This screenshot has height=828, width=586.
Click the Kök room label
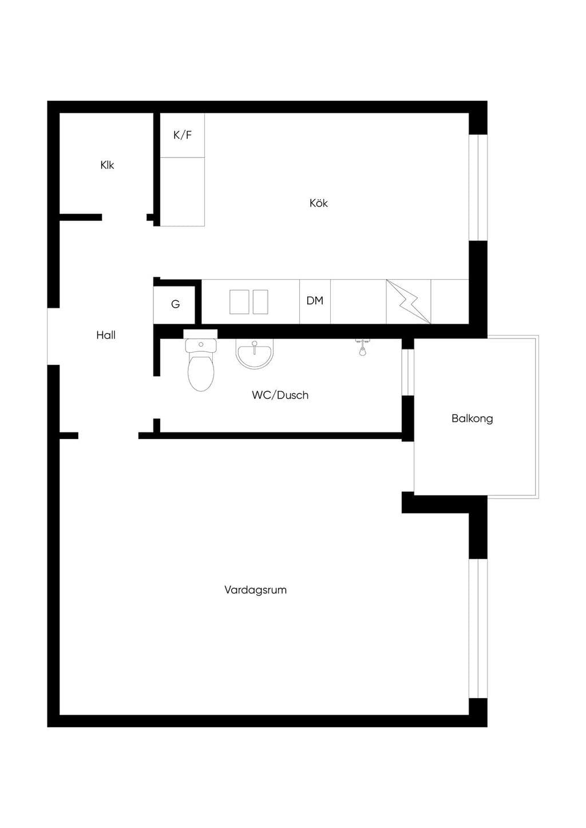click(x=319, y=203)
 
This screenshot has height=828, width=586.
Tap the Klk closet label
click(x=107, y=165)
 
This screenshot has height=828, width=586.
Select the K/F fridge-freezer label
click(x=183, y=135)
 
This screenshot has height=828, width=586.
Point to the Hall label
click(x=106, y=335)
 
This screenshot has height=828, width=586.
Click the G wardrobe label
click(x=175, y=304)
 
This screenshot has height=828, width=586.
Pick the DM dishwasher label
click(x=315, y=301)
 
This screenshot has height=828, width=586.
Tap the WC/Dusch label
click(x=280, y=395)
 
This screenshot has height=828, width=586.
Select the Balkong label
click(x=472, y=419)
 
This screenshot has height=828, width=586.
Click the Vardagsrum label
click(x=255, y=590)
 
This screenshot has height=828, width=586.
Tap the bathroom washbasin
click(x=255, y=354)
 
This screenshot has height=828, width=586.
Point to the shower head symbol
click(x=362, y=348)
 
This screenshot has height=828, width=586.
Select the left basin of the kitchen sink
click(x=239, y=302)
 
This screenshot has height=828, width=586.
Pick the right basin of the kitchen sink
click(x=260, y=302)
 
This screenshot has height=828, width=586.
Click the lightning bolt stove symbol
click(x=408, y=302)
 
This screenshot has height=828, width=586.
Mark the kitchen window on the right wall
click(x=478, y=188)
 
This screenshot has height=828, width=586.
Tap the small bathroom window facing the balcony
click(x=407, y=372)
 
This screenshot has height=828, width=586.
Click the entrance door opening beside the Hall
click(x=53, y=336)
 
